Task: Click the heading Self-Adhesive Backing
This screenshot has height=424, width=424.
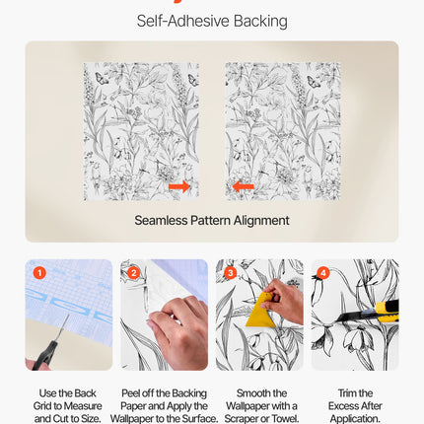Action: [x=212, y=21]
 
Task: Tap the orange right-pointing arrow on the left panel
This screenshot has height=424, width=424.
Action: [x=179, y=186]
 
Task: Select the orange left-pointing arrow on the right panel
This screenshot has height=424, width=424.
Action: [x=244, y=186]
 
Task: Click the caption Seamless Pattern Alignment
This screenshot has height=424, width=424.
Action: [x=212, y=220]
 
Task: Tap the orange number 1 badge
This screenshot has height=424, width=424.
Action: [x=38, y=272]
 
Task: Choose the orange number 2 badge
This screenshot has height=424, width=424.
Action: [x=134, y=272]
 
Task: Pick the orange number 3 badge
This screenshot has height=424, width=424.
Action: [x=230, y=272]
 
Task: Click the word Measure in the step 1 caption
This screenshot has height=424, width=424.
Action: [x=82, y=405]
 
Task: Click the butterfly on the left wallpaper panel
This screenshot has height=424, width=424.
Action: [x=193, y=79]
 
